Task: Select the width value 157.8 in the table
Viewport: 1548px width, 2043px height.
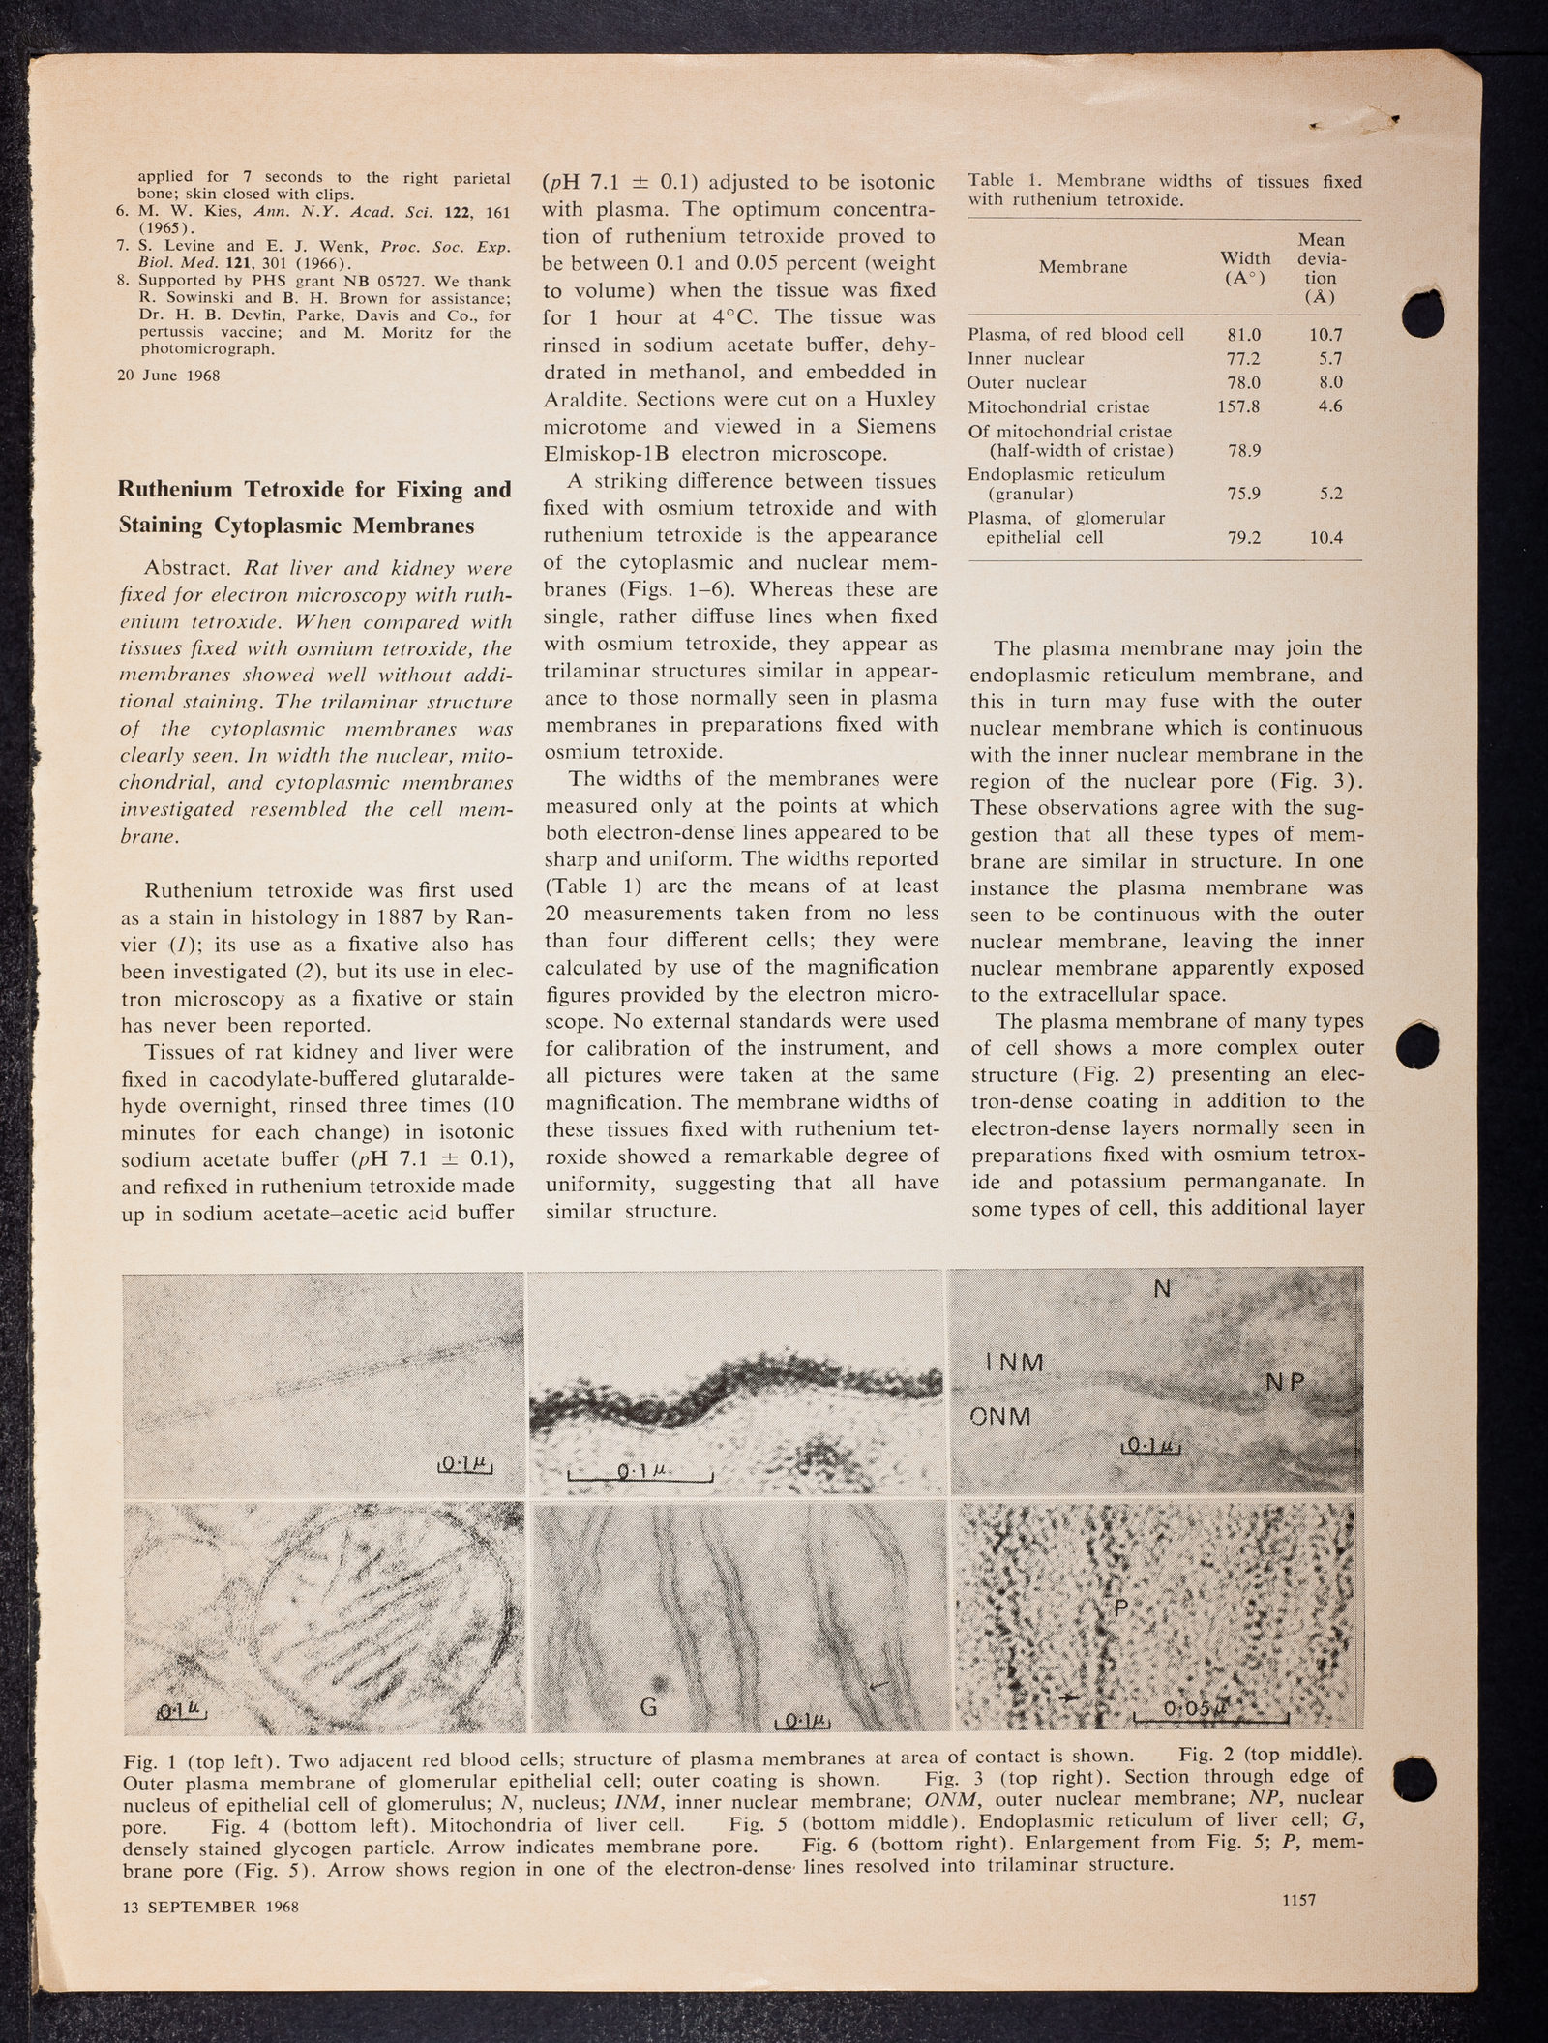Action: (x=1237, y=406)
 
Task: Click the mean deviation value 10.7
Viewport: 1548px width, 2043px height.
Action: (x=1325, y=335)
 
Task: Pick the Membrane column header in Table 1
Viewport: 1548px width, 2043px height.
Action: (x=1083, y=267)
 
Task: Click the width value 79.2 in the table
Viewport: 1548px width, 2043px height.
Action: (x=1243, y=538)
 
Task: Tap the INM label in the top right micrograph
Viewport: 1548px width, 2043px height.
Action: (x=1015, y=1363)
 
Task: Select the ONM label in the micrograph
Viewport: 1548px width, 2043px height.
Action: (x=1001, y=1417)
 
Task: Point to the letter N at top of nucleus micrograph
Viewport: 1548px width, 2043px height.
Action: (x=1162, y=1290)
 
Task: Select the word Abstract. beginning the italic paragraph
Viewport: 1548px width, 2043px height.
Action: (x=182, y=567)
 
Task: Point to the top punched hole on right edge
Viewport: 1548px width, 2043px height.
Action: (x=1424, y=316)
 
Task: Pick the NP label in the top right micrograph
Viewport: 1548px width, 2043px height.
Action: (x=1286, y=1382)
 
